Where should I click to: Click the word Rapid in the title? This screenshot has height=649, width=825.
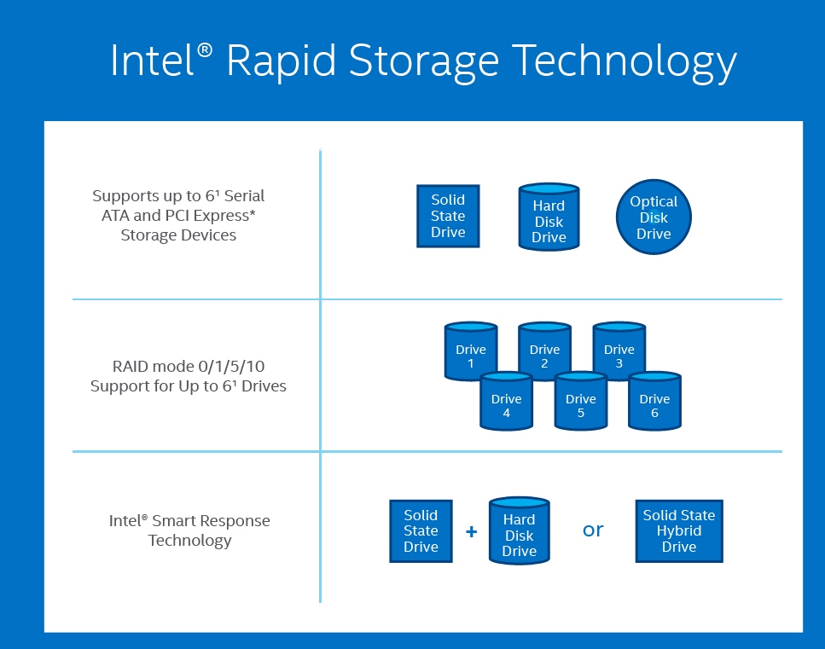(x=278, y=62)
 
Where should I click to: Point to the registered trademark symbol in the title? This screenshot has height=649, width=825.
(x=205, y=50)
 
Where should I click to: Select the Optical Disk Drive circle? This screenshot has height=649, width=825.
(x=654, y=217)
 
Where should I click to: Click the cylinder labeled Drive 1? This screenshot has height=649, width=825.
(x=471, y=350)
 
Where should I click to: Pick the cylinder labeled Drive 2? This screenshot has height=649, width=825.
(x=544, y=350)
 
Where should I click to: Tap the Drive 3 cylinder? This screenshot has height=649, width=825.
(x=619, y=350)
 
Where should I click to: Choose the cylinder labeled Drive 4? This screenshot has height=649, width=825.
(x=506, y=400)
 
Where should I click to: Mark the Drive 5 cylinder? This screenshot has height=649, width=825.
(x=580, y=400)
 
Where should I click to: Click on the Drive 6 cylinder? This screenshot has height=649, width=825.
(x=654, y=400)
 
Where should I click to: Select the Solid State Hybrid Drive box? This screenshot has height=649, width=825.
(x=679, y=530)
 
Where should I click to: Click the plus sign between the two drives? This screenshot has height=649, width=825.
(x=471, y=531)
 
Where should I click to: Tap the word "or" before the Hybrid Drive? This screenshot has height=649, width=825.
(x=593, y=530)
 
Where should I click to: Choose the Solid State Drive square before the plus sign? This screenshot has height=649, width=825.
(x=421, y=530)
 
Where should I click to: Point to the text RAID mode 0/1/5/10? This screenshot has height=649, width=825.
(x=189, y=368)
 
